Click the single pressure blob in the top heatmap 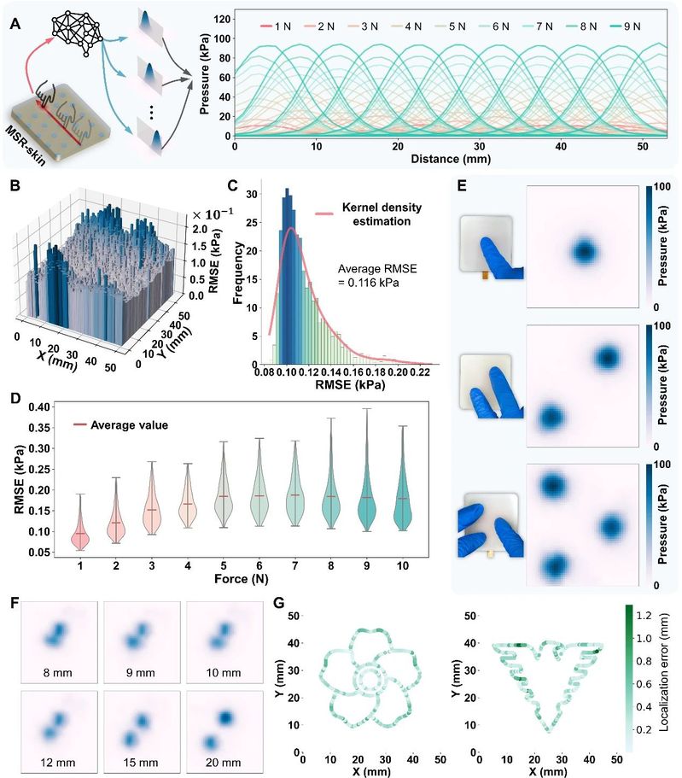coord(585,251)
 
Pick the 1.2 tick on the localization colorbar coord(644,614)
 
